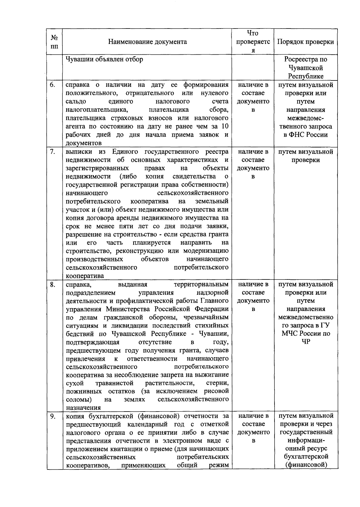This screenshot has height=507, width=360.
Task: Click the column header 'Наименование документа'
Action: coord(147,42)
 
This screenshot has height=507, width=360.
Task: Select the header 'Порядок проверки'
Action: coord(305,42)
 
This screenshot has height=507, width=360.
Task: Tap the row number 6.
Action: coord(52,85)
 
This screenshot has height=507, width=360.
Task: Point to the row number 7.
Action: coord(52,152)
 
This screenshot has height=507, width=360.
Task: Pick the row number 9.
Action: coord(52,416)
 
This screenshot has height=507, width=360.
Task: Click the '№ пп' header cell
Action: coord(54,42)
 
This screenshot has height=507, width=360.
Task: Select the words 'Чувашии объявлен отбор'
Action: coord(104,59)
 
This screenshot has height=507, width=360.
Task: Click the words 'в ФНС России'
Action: coord(305,135)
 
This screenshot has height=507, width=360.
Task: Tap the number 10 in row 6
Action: coord(224,126)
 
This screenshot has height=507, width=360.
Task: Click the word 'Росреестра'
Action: coord(305,59)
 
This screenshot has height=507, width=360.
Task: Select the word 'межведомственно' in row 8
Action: coord(305,317)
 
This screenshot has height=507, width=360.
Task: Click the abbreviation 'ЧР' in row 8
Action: coord(305,342)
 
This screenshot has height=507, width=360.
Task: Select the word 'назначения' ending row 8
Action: coord(83,408)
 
